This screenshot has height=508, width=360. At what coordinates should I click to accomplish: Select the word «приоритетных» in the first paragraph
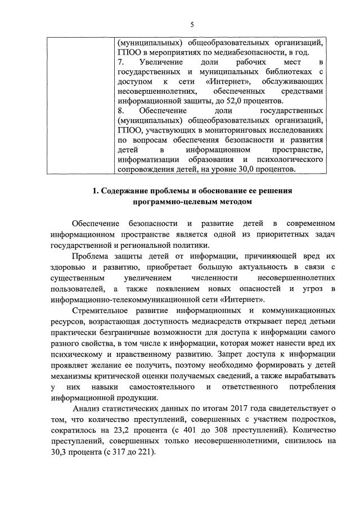(x=273, y=235)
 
